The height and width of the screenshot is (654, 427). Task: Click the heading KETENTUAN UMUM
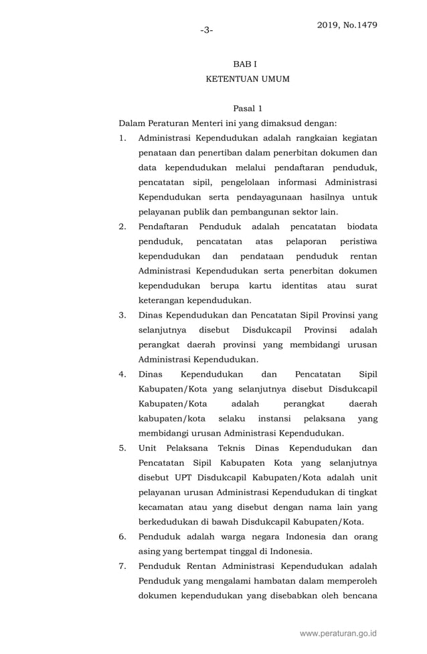coord(247,79)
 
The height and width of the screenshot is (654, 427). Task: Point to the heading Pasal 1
coord(247,109)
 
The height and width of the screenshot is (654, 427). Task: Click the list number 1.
coord(122,138)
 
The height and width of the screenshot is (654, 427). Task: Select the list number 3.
coord(122,315)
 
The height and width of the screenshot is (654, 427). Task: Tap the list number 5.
coord(122,448)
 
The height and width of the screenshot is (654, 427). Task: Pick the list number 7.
coord(122,566)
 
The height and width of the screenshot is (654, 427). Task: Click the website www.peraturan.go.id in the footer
coord(338,633)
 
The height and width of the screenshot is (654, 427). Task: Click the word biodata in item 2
coord(358,226)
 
